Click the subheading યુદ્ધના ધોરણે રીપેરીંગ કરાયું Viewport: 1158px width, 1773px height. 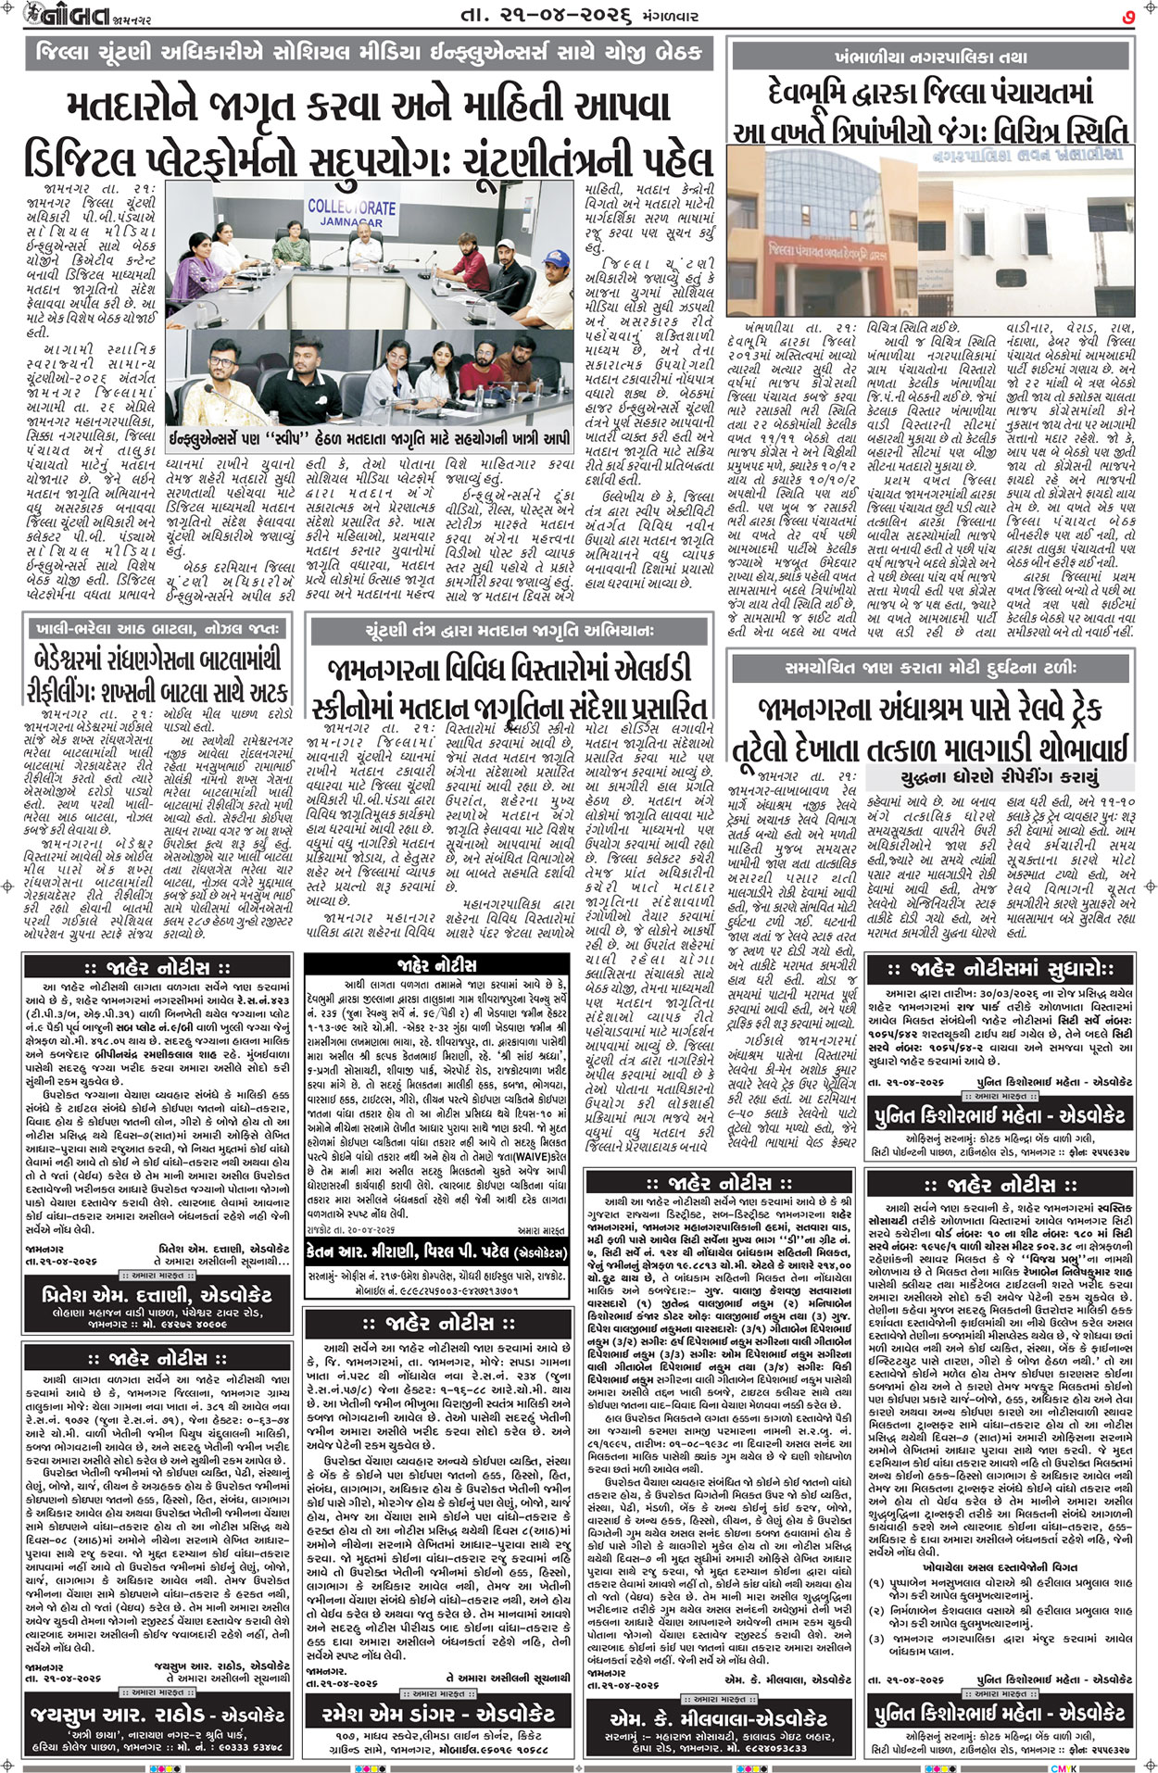coord(1000,776)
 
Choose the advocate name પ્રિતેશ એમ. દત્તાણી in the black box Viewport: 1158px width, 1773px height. coord(156,1293)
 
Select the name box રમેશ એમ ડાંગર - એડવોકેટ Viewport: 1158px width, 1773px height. coord(437,1715)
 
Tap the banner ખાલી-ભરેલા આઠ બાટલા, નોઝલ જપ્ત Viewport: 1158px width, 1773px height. coord(156,629)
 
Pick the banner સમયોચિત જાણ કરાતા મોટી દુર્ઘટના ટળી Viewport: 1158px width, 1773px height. coord(929,666)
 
